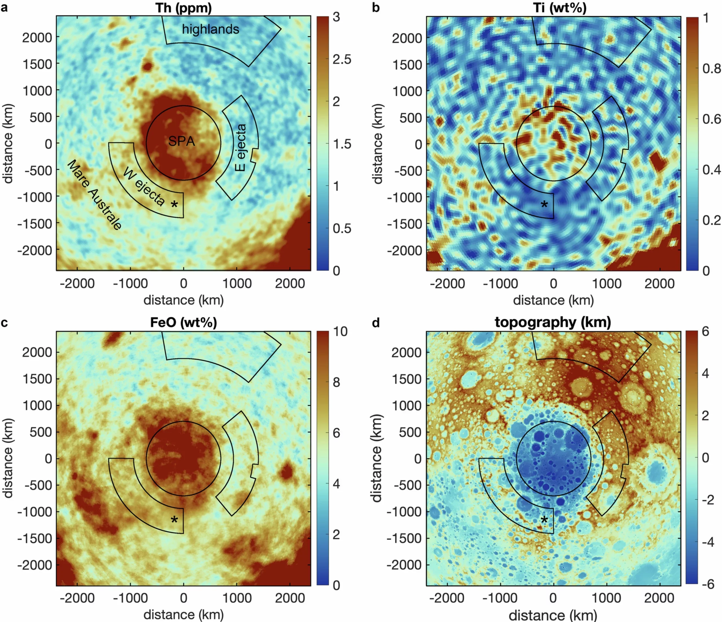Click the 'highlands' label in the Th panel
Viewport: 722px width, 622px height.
[x=210, y=29]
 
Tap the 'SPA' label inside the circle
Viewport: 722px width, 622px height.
[x=182, y=142]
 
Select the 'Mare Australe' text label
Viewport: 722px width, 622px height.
[x=94, y=195]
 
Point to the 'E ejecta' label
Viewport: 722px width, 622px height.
[x=241, y=147]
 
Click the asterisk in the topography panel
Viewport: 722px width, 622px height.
[x=544, y=520]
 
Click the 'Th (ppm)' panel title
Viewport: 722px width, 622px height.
[x=183, y=8]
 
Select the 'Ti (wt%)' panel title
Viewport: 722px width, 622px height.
[x=560, y=8]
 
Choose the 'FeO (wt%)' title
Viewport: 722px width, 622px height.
[x=183, y=322]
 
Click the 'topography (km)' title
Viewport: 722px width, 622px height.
[x=553, y=322]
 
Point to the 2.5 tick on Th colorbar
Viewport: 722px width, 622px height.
[x=342, y=59]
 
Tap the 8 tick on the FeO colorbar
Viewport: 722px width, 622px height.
[x=336, y=383]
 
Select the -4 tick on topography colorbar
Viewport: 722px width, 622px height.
[x=707, y=542]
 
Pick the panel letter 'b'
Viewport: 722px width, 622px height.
[x=376, y=8]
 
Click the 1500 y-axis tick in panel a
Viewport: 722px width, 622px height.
[x=37, y=64]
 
